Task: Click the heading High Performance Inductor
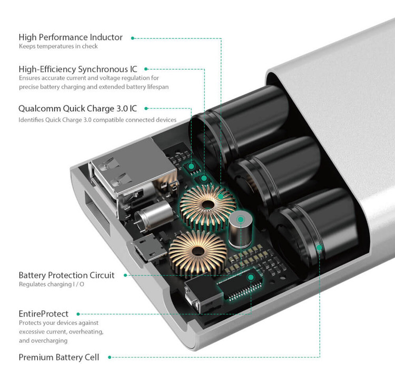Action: tap(71, 37)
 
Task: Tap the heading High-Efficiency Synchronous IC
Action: tap(77, 69)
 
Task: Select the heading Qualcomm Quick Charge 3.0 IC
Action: tap(77, 108)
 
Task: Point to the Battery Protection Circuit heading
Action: tap(66, 275)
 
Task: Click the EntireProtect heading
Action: tap(43, 314)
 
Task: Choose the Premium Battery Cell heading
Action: tap(58, 357)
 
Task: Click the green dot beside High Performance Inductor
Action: tap(133, 38)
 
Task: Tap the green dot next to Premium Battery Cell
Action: tap(110, 358)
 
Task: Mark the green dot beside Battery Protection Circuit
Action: tap(126, 275)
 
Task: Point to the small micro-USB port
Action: tap(142, 250)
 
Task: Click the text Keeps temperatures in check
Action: tap(58, 46)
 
